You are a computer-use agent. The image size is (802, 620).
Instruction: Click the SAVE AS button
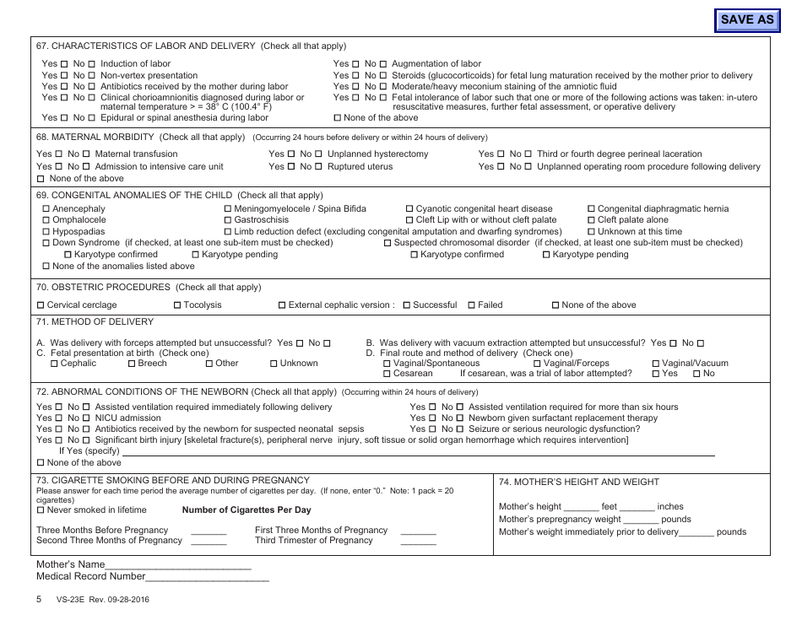(x=747, y=19)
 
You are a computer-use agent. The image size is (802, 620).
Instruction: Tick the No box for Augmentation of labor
(x=382, y=64)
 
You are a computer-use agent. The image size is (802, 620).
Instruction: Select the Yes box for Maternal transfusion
(x=59, y=154)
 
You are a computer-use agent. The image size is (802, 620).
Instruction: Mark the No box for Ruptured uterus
(x=317, y=167)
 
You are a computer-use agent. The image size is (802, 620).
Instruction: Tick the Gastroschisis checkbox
(x=228, y=220)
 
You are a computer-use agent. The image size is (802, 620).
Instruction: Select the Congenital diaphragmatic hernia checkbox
(x=591, y=209)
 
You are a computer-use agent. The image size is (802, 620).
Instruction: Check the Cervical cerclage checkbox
(x=41, y=305)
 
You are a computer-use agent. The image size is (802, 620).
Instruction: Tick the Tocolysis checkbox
(x=177, y=305)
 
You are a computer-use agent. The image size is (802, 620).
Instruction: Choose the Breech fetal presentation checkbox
(x=132, y=364)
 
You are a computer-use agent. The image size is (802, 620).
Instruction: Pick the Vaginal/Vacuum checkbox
(x=656, y=364)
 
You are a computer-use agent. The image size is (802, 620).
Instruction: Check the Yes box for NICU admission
(x=59, y=418)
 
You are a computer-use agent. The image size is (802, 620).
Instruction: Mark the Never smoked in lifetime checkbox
(x=41, y=510)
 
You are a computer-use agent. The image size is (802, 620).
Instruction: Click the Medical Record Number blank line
(x=208, y=580)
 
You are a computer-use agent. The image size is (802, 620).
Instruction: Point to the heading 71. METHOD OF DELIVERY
(x=95, y=322)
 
